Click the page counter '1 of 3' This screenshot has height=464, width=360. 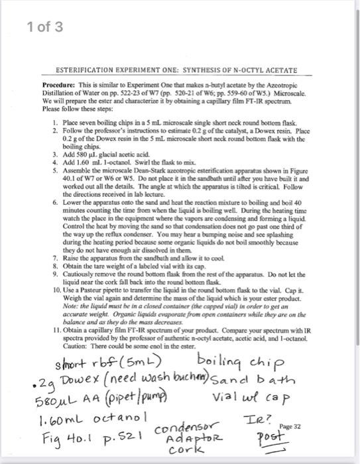click(45, 27)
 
